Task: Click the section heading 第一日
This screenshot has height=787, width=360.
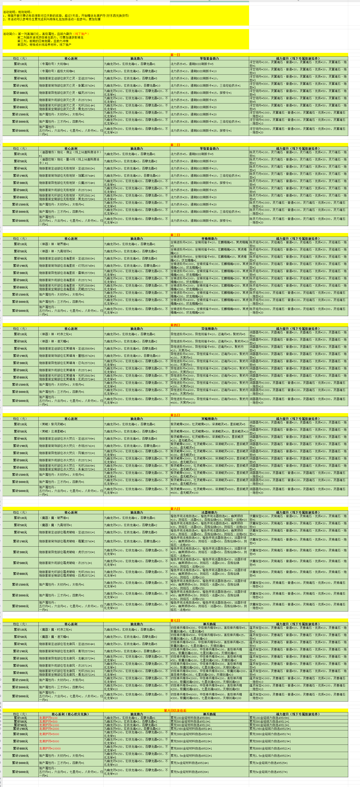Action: point(175,55)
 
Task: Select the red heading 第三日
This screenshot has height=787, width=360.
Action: point(175,235)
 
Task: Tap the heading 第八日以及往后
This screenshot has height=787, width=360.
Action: point(175,710)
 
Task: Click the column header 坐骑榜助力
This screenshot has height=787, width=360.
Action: point(209,239)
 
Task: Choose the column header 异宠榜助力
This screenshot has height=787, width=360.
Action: point(209,329)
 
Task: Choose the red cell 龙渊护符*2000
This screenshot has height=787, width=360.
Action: point(49,729)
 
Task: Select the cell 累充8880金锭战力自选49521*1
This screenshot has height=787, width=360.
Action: point(270,749)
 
